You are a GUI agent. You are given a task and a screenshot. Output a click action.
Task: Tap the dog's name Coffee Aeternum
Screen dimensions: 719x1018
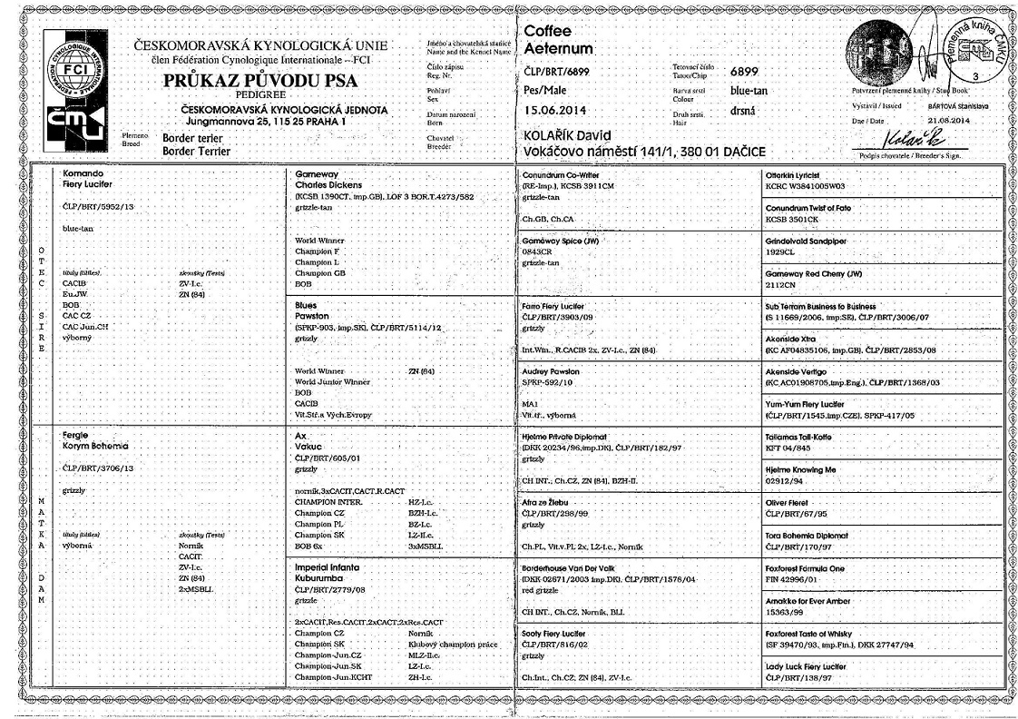coord(559,40)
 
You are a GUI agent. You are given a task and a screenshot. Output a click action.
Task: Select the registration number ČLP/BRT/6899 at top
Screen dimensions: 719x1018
coord(558,71)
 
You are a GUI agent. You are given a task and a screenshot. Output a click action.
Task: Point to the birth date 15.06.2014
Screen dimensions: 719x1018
coord(557,111)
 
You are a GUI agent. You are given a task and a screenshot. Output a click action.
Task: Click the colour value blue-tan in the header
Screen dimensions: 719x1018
coord(750,91)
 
